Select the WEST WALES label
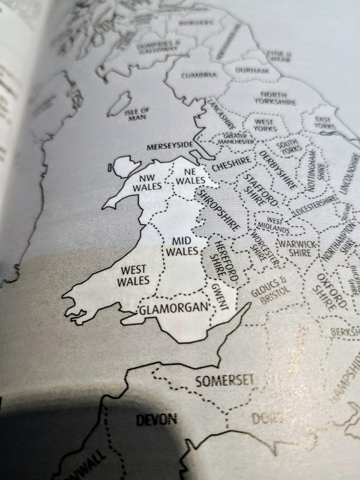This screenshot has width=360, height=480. point(133,275)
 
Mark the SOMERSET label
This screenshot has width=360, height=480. point(223,380)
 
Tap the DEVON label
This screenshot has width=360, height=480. point(156,419)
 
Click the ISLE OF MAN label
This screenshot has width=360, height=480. point(137,114)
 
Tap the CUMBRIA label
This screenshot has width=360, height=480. point(199,75)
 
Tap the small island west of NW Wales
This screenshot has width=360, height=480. point(110,169)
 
